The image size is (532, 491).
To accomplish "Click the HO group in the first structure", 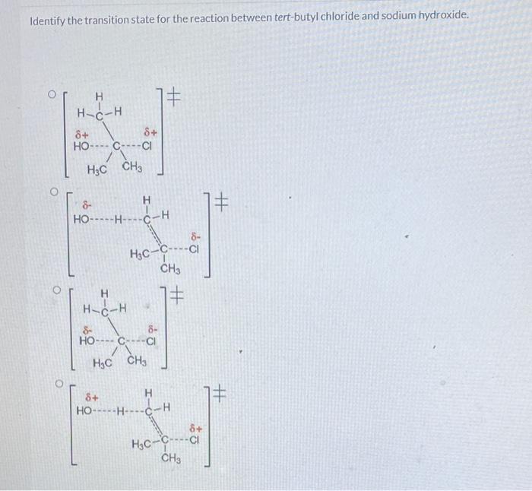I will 82,146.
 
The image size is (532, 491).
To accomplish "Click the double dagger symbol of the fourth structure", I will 219,394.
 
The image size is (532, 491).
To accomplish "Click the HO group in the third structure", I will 88,341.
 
